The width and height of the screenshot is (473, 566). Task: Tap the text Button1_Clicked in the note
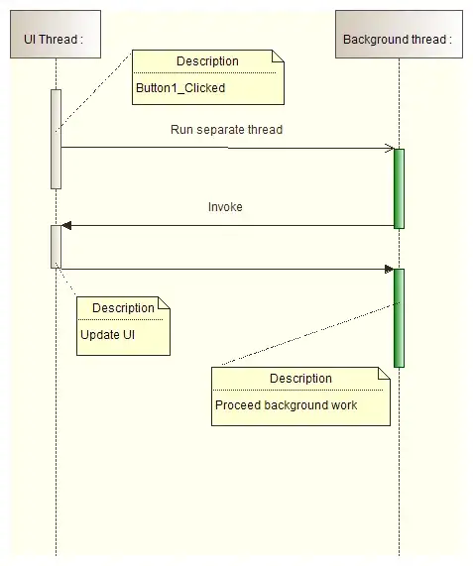180,87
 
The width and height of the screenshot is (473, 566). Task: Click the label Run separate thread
226,129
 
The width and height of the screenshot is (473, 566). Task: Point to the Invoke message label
225,207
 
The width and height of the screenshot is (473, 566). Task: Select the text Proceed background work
287,404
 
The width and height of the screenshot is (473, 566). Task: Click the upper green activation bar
399,188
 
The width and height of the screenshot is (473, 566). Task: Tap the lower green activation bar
399,317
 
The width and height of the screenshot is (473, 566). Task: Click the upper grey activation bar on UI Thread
57,139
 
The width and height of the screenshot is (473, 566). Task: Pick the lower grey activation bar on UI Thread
57,246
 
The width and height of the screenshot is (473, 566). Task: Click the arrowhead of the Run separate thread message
389,149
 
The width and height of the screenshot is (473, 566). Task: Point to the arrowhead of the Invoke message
67,225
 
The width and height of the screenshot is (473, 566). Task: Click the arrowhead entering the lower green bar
389,268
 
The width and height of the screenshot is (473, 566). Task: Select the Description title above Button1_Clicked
208,61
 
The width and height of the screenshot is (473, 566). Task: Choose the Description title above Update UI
124,308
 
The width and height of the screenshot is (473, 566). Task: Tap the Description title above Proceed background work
300,379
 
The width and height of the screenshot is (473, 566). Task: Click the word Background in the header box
374,40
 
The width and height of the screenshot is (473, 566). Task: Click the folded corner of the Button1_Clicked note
279,57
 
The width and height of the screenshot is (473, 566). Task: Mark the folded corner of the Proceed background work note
384,374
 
